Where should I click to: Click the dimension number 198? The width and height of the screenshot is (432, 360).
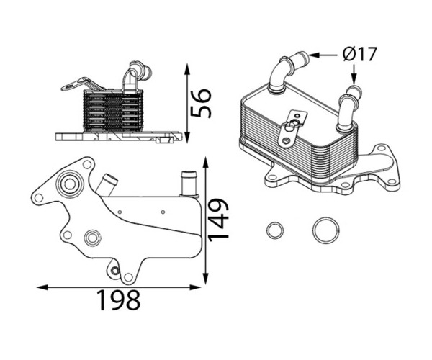pos(119,300)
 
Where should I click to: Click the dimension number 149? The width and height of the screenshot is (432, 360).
pos(218,220)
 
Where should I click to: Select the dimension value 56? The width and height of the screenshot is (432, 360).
pos(201,103)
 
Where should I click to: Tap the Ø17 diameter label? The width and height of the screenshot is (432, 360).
pos(359,54)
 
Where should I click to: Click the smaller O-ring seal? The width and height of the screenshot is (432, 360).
pos(275,230)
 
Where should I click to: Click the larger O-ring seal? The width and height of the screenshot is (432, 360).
pos(326,231)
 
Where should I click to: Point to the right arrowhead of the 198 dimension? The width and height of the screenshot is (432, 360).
pos(195,287)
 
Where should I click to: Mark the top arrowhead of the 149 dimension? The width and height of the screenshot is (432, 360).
pos(205,163)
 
